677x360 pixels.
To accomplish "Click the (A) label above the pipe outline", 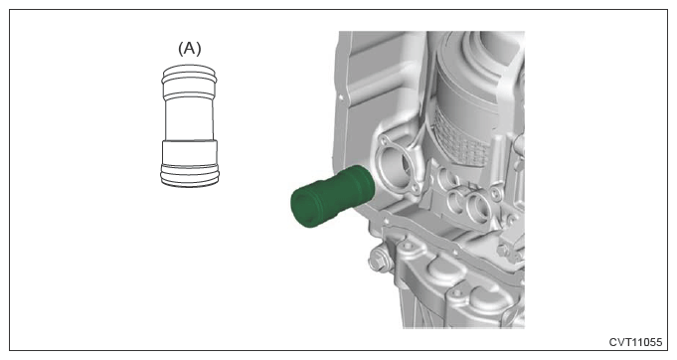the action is click(x=190, y=49).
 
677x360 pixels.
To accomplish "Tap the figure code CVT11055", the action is click(x=635, y=342).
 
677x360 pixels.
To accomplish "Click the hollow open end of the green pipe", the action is click(x=305, y=209).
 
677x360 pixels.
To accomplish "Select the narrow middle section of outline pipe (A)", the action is click(x=189, y=118).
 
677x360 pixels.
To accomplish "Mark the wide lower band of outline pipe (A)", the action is click(x=190, y=153).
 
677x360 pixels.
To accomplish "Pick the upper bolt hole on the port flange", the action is click(x=382, y=140).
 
